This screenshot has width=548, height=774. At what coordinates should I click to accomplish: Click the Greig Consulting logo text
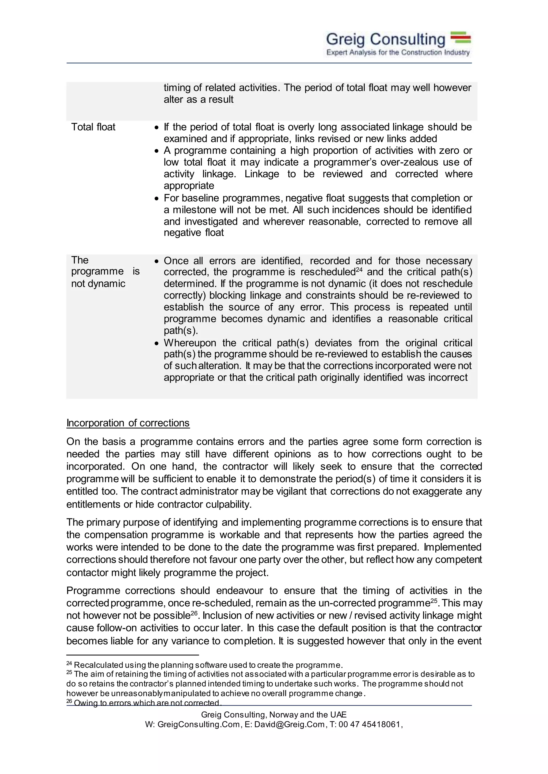385,40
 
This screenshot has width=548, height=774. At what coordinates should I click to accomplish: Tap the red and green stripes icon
461,38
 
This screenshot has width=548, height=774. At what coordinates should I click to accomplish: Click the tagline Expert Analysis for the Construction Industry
398,53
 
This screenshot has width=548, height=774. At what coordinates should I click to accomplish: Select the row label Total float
93,127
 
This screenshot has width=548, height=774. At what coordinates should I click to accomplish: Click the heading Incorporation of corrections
128,423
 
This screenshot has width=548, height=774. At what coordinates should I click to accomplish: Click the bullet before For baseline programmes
156,199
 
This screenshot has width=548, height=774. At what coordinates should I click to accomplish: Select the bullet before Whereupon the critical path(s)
156,343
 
